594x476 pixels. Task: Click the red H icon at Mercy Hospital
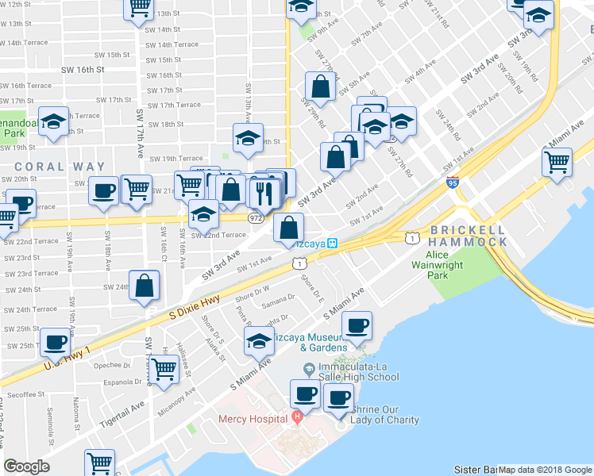[297, 416]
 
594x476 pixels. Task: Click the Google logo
[26, 466]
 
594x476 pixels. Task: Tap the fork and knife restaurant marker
[263, 191]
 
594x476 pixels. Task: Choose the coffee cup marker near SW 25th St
[55, 342]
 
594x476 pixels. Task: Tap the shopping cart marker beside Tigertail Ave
[163, 368]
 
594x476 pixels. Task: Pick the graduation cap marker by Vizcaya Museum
[259, 342]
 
